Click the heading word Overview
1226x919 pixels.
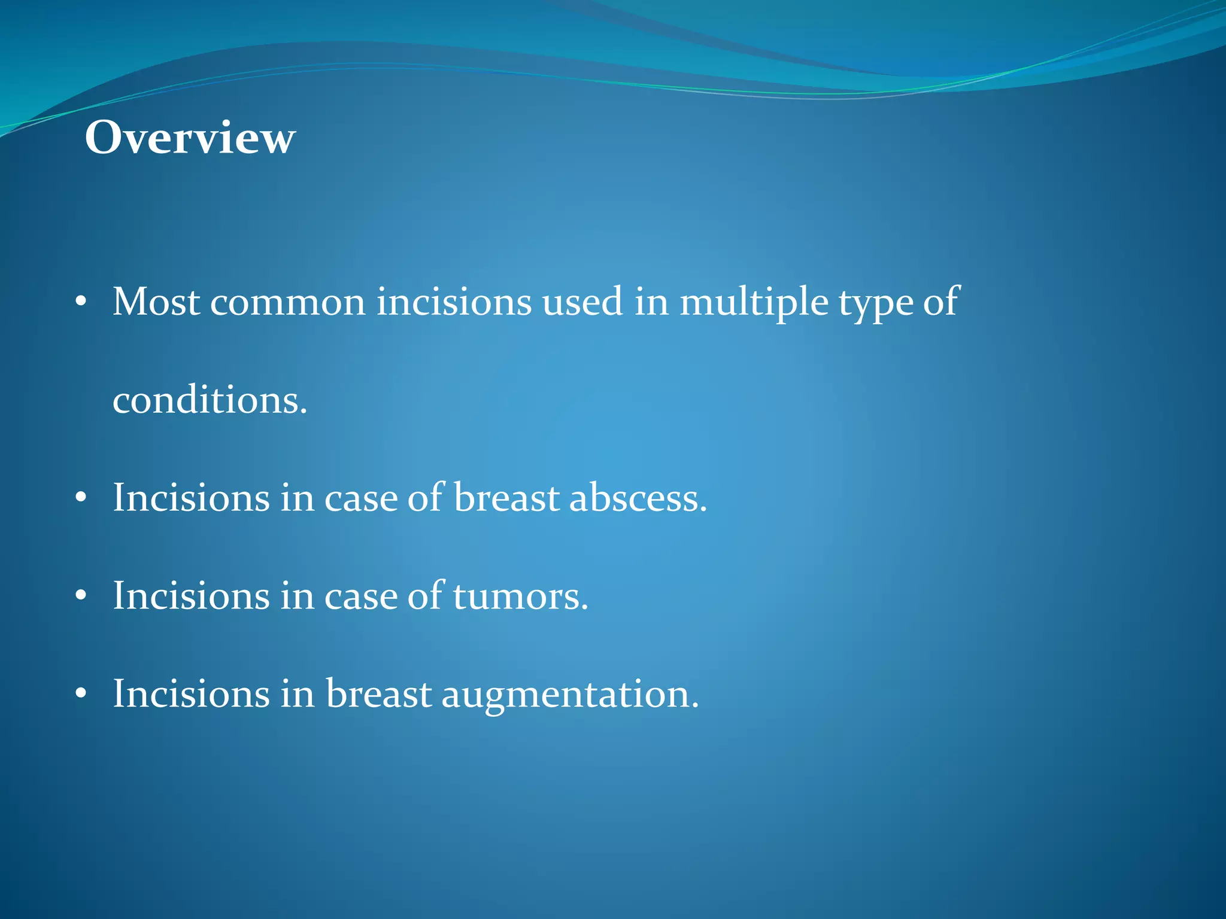point(190,138)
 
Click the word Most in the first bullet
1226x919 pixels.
point(156,302)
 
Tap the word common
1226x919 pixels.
point(287,302)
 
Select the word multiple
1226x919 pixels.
point(754,303)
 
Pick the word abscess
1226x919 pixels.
point(638,498)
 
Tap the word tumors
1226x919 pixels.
point(520,596)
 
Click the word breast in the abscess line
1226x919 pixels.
point(506,498)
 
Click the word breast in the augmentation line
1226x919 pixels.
point(378,694)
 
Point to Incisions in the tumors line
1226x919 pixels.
point(191,596)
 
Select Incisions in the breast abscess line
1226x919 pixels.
point(191,498)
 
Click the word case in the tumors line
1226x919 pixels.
point(361,596)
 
